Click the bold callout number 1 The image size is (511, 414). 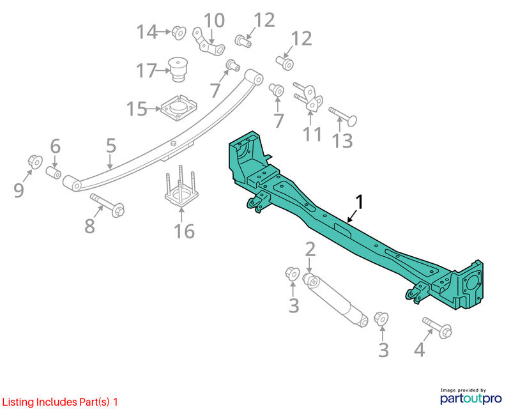tap(359, 202)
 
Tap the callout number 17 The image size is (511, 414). tap(146, 71)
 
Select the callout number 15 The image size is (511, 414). tap(137, 109)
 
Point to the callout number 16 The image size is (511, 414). tap(184, 231)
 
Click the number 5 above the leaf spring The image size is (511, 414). tap(111, 146)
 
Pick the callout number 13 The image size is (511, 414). tap(342, 141)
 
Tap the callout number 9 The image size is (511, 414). tap(19, 190)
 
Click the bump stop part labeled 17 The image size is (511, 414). tap(178, 70)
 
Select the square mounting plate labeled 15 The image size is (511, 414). tap(179, 107)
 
